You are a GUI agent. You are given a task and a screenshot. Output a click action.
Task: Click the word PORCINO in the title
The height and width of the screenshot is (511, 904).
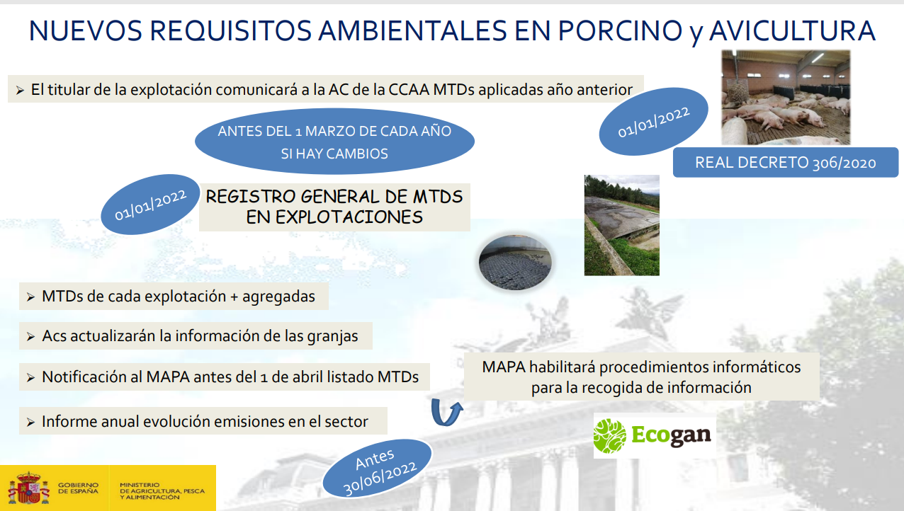(x=620, y=30)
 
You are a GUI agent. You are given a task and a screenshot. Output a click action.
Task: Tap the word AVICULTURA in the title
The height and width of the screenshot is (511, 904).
(x=792, y=30)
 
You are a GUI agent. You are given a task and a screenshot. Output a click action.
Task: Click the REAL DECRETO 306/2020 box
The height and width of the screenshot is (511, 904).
(x=786, y=163)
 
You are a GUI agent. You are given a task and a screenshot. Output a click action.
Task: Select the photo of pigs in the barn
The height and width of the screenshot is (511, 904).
(x=786, y=97)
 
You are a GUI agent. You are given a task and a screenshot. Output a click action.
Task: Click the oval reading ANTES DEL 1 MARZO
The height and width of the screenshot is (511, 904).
(x=334, y=142)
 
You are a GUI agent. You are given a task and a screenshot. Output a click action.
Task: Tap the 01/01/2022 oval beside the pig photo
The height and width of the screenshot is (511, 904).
(x=653, y=122)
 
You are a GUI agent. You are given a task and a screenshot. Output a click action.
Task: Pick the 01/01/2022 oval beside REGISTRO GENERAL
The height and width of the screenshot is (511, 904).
(x=150, y=205)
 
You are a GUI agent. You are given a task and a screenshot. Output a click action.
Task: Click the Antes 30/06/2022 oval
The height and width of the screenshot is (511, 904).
(x=378, y=469)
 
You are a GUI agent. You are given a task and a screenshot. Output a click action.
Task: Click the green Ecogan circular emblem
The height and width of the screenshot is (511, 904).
(x=609, y=435)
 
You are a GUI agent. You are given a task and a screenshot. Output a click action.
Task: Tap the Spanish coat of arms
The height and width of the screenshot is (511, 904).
(x=28, y=488)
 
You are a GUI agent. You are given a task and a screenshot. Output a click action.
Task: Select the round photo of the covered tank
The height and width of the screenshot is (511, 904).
(x=515, y=263)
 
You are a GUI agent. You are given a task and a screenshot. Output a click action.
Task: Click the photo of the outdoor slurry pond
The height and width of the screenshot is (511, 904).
(x=621, y=225)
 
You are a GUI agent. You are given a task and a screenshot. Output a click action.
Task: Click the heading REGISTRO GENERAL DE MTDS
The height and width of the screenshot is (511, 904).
(x=334, y=197)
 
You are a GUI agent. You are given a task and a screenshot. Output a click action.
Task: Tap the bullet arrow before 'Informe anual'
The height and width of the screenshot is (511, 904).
(x=30, y=423)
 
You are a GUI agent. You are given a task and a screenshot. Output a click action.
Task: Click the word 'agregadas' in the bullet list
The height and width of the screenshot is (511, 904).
(x=278, y=297)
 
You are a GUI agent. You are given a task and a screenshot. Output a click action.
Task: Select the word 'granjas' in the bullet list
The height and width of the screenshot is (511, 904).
(x=332, y=336)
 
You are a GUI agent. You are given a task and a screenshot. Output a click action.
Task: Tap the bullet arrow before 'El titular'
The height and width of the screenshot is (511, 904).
(x=20, y=91)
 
